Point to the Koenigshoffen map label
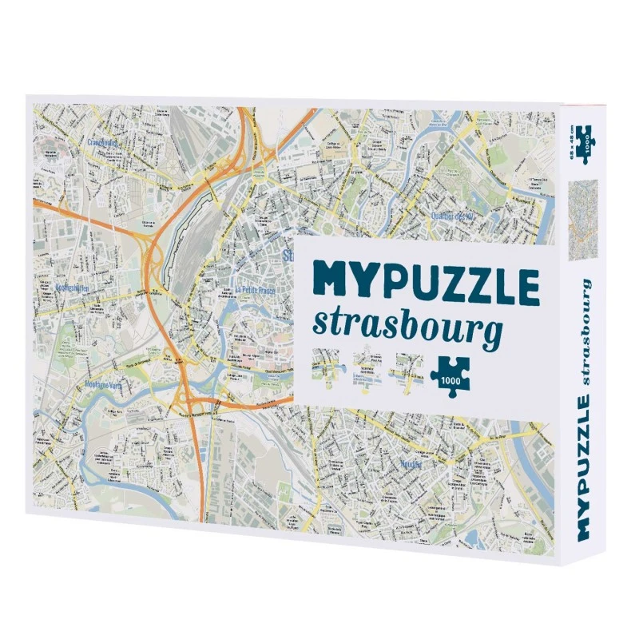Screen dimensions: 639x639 (61, 287)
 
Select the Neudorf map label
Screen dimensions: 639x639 (408, 462)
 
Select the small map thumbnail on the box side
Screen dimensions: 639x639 (582, 212)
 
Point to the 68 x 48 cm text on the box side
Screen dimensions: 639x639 (572, 141)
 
